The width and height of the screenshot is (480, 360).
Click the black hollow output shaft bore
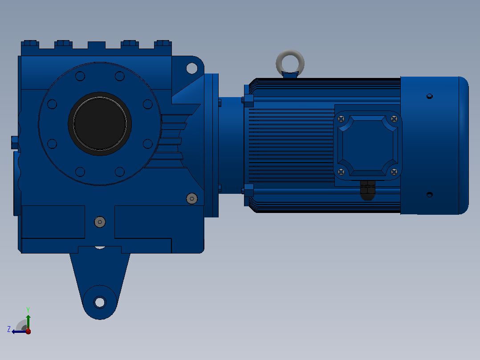point(100,123)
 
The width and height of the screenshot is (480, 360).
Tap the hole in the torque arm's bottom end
point(100,303)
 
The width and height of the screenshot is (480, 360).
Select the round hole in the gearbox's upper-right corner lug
point(192,68)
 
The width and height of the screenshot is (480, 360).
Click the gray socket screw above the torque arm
point(100,222)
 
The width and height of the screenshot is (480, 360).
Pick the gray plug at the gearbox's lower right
point(192,199)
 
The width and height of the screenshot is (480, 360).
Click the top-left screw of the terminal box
point(341,119)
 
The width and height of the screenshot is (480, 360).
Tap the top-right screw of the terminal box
point(395,119)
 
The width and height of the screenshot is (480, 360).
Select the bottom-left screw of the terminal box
point(341,172)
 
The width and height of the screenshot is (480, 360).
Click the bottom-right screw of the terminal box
point(395,172)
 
